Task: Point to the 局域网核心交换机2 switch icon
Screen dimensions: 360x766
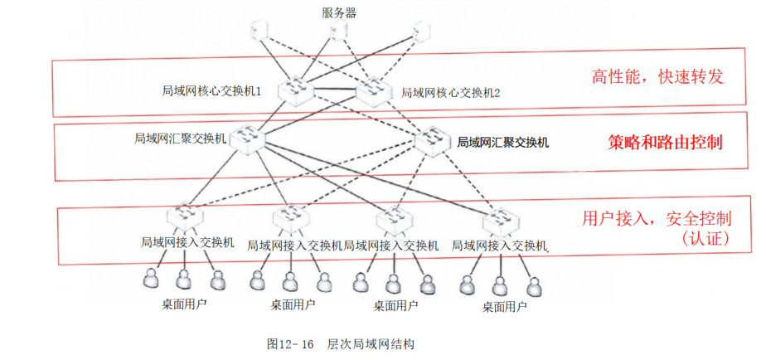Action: pyautogui.click(x=371, y=90)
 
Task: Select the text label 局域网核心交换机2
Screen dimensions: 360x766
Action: pyautogui.click(x=450, y=93)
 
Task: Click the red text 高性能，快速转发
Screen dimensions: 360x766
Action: pyautogui.click(x=658, y=77)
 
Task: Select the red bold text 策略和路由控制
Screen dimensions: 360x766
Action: pyautogui.click(x=665, y=142)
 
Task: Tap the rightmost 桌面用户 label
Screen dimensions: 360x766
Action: pyautogui.click(x=504, y=306)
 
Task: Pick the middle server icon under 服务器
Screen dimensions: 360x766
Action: pyautogui.click(x=338, y=32)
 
